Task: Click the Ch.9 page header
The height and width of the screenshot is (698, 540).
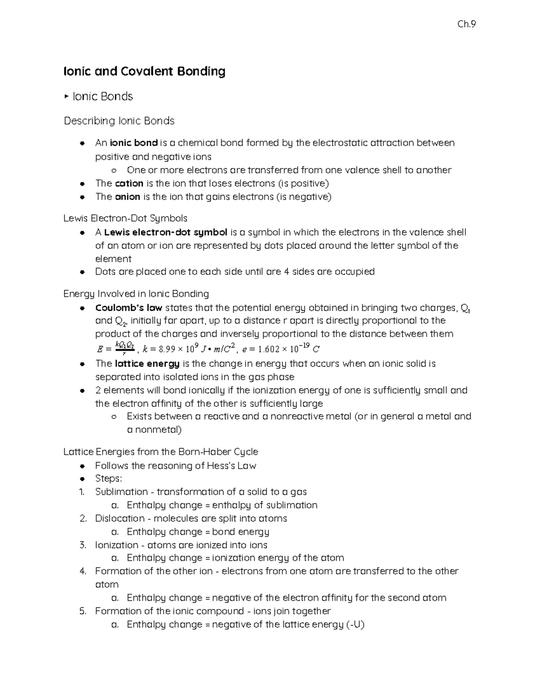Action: pyautogui.click(x=466, y=24)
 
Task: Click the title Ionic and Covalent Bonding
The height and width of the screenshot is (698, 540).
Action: pyautogui.click(x=144, y=71)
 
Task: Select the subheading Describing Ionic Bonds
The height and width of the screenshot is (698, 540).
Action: pyautogui.click(x=119, y=121)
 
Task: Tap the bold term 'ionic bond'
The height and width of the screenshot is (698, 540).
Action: pyautogui.click(x=134, y=143)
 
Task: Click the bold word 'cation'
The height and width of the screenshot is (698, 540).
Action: pyautogui.click(x=129, y=183)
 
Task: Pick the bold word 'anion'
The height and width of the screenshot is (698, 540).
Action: pyautogui.click(x=127, y=196)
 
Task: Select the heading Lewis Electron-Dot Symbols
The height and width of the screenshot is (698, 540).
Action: pyautogui.click(x=125, y=218)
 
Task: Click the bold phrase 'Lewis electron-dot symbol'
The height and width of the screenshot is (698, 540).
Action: pyautogui.click(x=166, y=232)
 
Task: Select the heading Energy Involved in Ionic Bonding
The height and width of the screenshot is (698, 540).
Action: pyautogui.click(x=136, y=294)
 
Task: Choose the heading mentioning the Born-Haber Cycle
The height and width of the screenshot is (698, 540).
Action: pyautogui.click(x=161, y=452)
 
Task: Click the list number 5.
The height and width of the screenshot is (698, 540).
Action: pyautogui.click(x=82, y=611)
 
